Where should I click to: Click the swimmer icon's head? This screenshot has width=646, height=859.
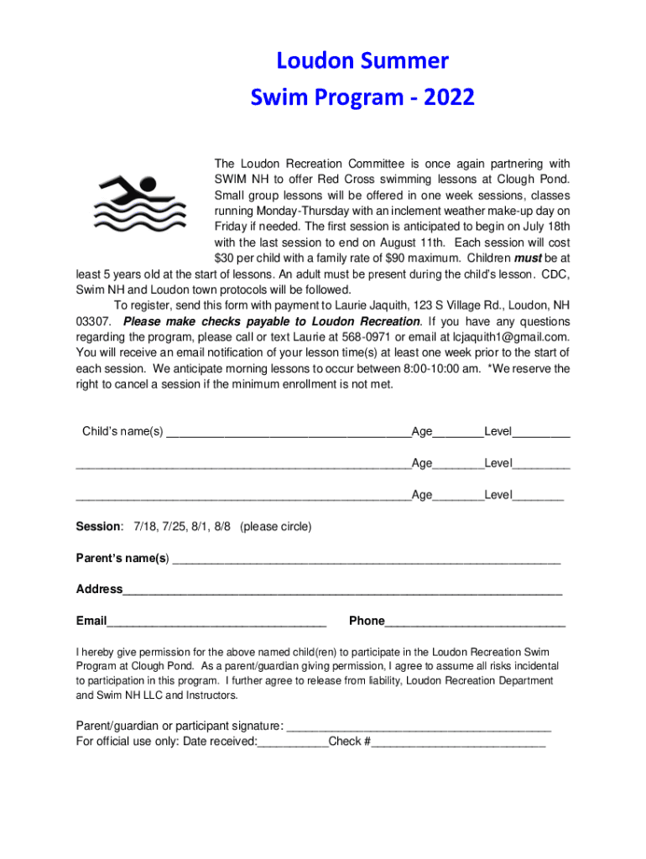[148, 184]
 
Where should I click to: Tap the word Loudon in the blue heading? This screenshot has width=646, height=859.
[314, 61]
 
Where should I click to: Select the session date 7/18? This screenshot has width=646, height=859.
[145, 526]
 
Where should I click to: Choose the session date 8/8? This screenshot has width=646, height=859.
[221, 526]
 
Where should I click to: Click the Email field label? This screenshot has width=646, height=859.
[91, 621]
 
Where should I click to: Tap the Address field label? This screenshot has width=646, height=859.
[99, 589]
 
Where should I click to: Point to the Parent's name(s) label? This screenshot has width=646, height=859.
[122, 558]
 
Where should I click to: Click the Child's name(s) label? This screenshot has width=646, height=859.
[122, 431]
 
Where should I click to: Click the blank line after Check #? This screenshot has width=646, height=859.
[458, 742]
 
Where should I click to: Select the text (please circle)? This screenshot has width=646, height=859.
[275, 526]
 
